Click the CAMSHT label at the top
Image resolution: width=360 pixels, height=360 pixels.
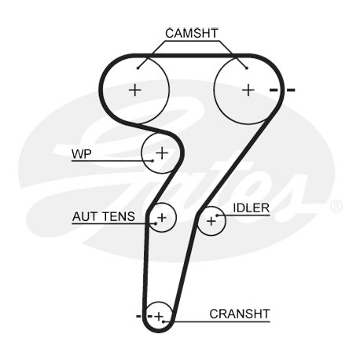[x=192, y=33]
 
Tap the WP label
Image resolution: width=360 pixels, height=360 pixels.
[x=82, y=153]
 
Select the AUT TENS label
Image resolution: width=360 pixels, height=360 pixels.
[x=104, y=217]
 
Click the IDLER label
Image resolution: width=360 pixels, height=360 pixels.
[x=251, y=208]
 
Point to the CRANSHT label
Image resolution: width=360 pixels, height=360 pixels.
[x=240, y=314]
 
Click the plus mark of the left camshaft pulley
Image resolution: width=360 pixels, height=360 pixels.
[x=135, y=90]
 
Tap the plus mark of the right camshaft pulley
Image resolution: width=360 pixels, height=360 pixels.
[x=248, y=90]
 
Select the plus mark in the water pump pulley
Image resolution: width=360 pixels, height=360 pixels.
[x=162, y=152]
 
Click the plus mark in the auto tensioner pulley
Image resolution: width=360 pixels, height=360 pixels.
[x=162, y=217]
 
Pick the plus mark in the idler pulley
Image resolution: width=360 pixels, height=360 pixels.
[x=211, y=222]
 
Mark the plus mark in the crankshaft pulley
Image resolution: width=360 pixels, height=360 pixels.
[x=159, y=316]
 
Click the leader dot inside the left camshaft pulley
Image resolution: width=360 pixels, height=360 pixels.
[x=138, y=68]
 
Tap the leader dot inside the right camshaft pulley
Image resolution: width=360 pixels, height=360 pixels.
[x=246, y=68]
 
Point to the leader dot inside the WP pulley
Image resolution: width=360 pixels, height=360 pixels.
[x=152, y=160]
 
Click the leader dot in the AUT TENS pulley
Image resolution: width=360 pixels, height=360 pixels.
[x=156, y=223]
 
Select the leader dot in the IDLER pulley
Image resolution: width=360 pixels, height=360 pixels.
[x=217, y=215]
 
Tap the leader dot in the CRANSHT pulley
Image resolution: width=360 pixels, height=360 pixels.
[x=163, y=321]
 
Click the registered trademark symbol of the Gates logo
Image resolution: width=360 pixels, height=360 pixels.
[x=336, y=206]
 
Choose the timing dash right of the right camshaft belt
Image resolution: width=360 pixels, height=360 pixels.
[x=291, y=90]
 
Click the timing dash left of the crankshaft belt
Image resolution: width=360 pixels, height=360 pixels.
[x=138, y=316]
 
